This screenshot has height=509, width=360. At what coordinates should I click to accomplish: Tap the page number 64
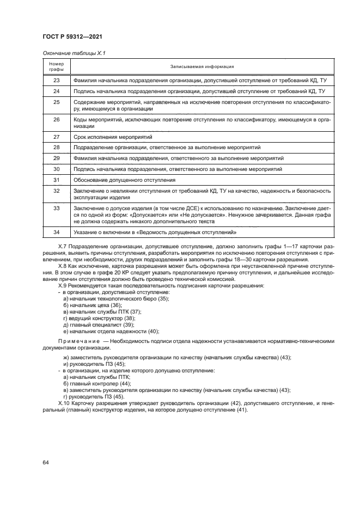[x=46, y=462]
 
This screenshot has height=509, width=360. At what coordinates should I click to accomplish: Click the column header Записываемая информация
[x=202, y=66]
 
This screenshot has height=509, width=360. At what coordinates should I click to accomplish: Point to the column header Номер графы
[x=57, y=66]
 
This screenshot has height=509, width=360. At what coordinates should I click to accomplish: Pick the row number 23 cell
[x=57, y=81]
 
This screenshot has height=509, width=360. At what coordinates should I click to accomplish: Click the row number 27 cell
[x=57, y=137]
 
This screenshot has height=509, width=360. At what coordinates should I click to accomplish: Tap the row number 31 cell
[x=57, y=180]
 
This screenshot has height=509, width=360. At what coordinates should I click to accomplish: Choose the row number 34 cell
[x=57, y=232]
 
